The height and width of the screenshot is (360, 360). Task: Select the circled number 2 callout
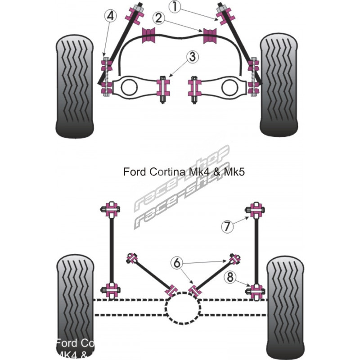(158, 18)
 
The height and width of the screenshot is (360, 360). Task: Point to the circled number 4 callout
(110, 16)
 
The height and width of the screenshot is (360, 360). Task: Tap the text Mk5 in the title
(234, 172)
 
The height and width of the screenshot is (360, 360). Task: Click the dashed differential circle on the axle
(183, 308)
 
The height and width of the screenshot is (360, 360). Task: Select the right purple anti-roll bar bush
(209, 36)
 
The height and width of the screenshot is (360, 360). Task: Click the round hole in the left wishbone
(128, 87)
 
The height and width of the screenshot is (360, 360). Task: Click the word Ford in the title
(134, 172)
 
